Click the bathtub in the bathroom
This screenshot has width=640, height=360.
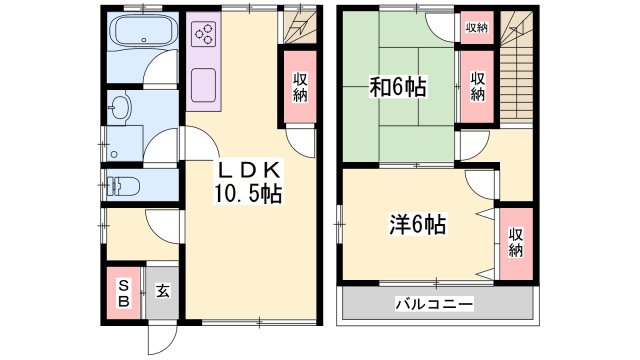143,31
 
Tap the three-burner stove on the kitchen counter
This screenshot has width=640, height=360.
204,33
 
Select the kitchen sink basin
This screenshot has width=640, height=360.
203,85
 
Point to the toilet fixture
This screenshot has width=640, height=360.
123,186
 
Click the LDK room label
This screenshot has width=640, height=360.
249,170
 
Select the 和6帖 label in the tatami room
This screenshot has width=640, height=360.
398,87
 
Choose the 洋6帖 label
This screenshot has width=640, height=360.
418,224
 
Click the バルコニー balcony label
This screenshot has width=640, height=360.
434,304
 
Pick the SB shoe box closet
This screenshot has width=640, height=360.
124,293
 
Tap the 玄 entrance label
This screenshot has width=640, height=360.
162,291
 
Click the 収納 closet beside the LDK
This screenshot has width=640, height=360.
300,87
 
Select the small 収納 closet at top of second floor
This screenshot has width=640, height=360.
477,28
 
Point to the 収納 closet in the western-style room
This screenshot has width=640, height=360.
516,242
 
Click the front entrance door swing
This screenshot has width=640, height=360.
162,337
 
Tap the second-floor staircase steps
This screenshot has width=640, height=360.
517,67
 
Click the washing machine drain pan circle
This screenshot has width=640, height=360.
114,154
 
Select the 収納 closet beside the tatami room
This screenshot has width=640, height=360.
477,87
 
